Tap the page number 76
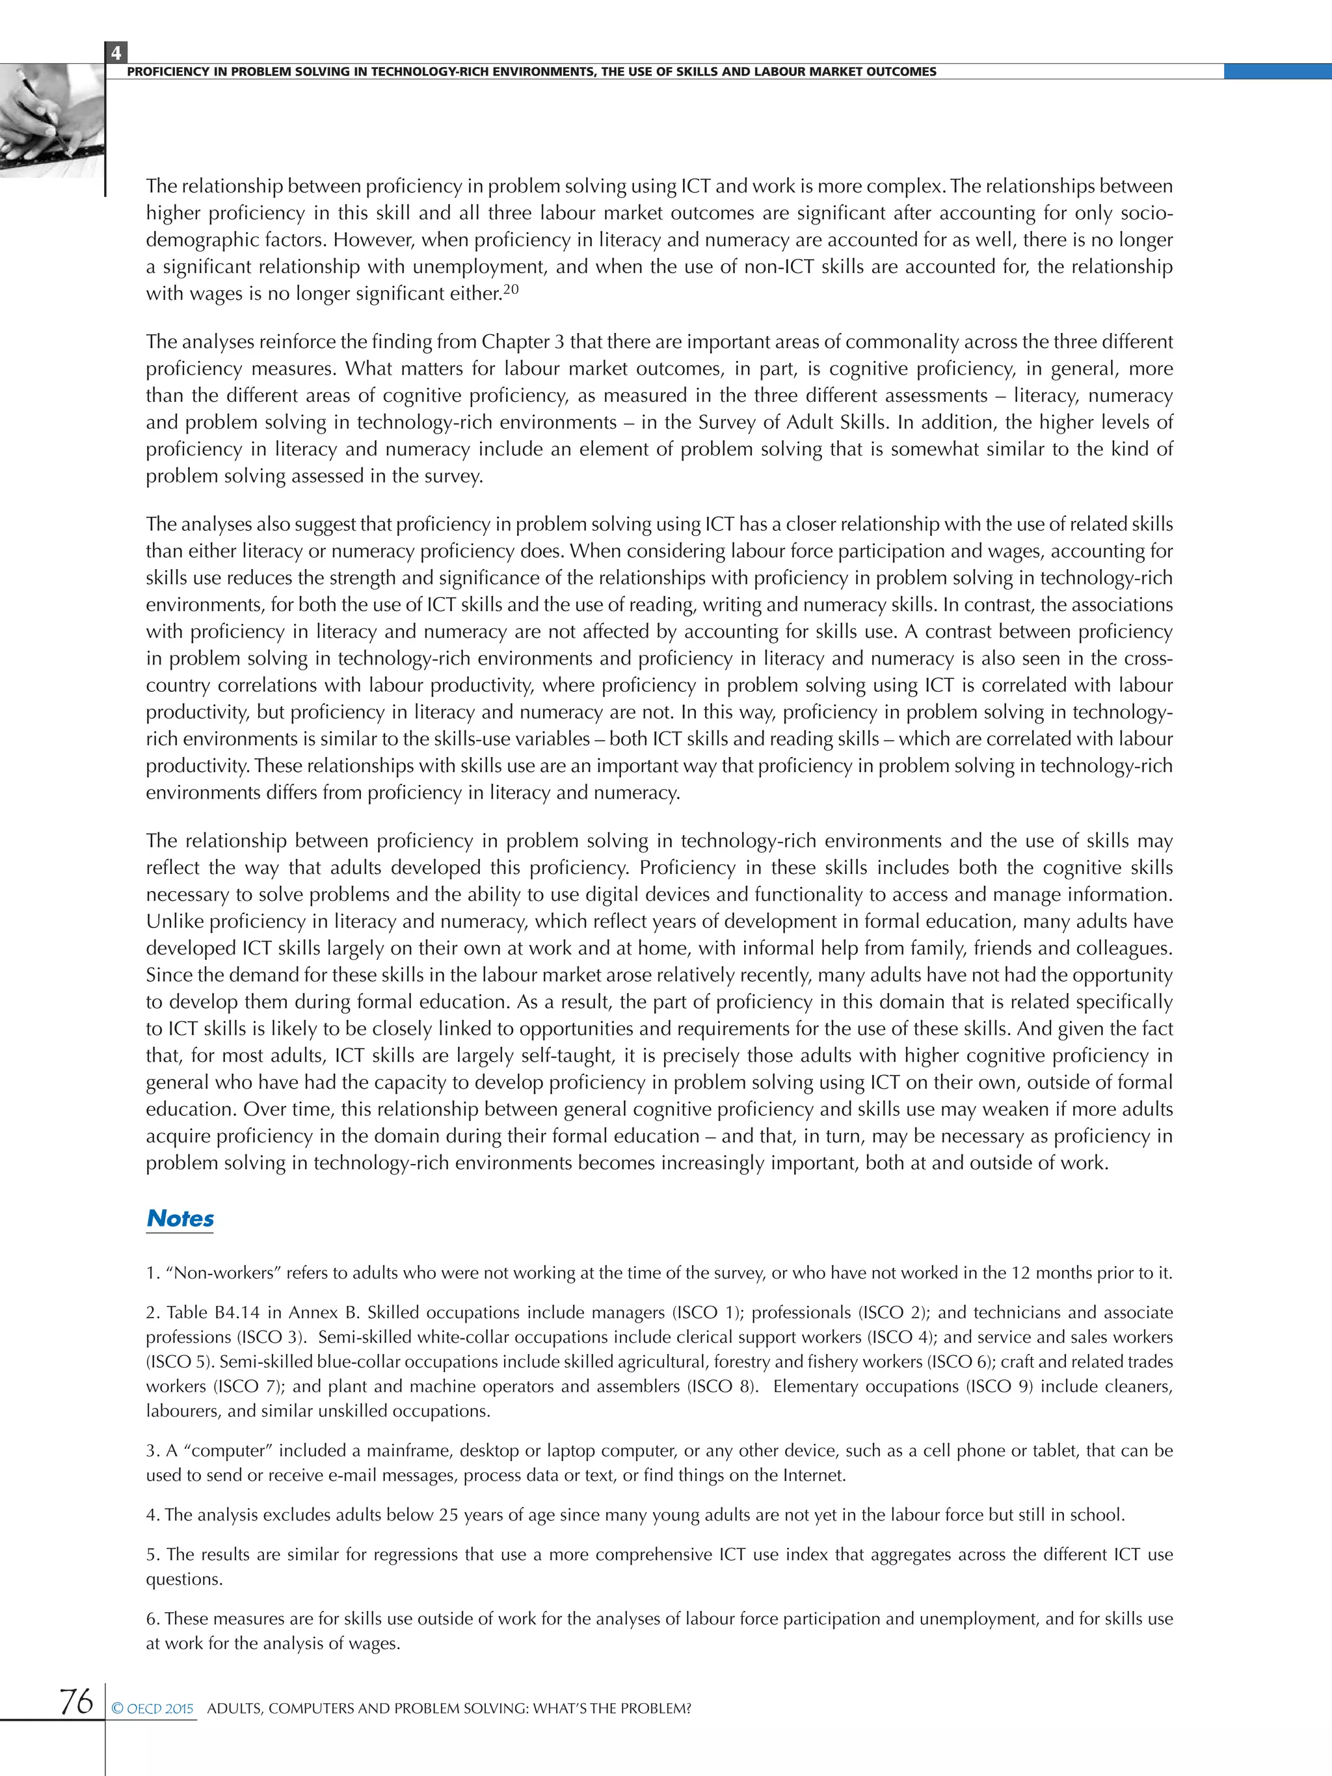click(76, 1701)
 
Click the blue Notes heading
click(180, 1218)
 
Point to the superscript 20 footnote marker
click(511, 291)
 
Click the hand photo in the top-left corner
click(50, 120)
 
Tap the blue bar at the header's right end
click(1277, 72)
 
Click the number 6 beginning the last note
click(151, 1619)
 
